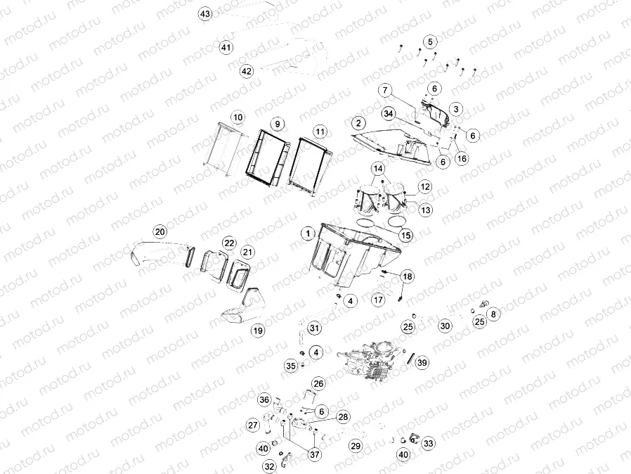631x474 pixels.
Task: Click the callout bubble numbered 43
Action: click(205, 14)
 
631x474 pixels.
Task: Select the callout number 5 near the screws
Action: click(430, 42)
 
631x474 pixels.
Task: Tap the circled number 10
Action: click(238, 117)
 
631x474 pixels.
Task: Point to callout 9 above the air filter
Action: click(278, 124)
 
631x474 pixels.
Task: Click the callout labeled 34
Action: click(389, 114)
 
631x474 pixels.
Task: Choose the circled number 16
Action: click(462, 159)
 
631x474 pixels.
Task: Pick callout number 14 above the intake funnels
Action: click(378, 168)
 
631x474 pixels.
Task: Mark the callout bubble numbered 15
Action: click(405, 236)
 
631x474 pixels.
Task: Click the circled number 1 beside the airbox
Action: click(308, 233)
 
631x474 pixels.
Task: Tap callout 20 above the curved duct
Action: click(160, 232)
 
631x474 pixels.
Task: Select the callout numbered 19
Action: click(258, 331)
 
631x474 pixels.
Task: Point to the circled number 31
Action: click(314, 328)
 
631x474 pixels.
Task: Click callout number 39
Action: click(422, 363)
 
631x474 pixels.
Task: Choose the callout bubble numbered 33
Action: click(429, 444)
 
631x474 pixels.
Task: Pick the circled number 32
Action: click(269, 467)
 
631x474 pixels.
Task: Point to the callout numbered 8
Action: click(494, 314)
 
